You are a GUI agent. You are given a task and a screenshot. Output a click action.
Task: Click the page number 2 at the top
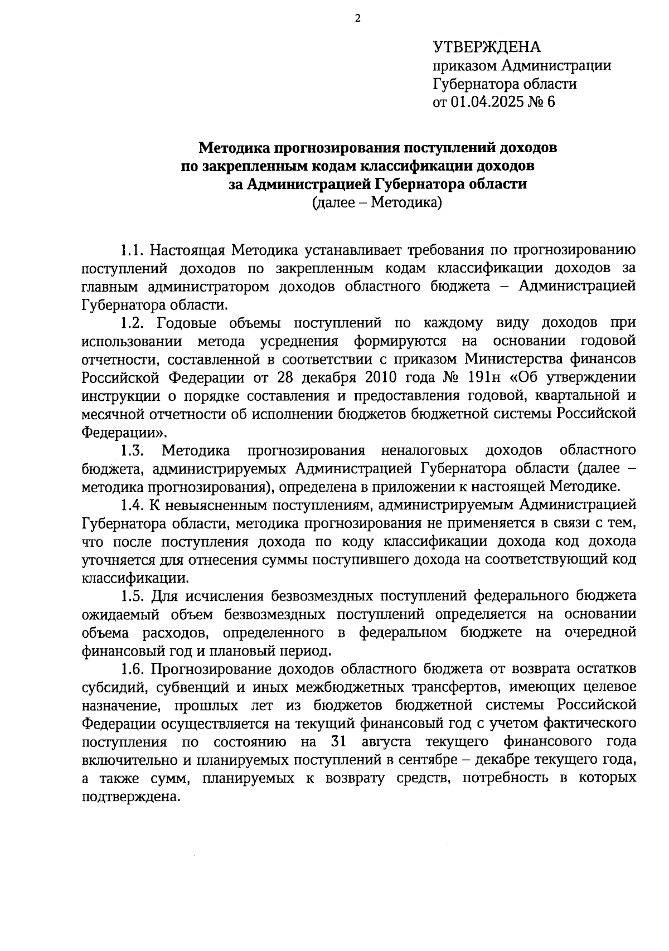(x=358, y=18)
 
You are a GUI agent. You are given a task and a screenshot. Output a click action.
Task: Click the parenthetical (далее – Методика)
(x=377, y=203)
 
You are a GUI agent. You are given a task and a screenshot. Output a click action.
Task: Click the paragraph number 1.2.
(x=134, y=323)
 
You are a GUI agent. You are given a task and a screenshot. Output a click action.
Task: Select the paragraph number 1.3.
(x=134, y=450)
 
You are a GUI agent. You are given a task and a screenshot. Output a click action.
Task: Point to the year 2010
(x=381, y=377)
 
